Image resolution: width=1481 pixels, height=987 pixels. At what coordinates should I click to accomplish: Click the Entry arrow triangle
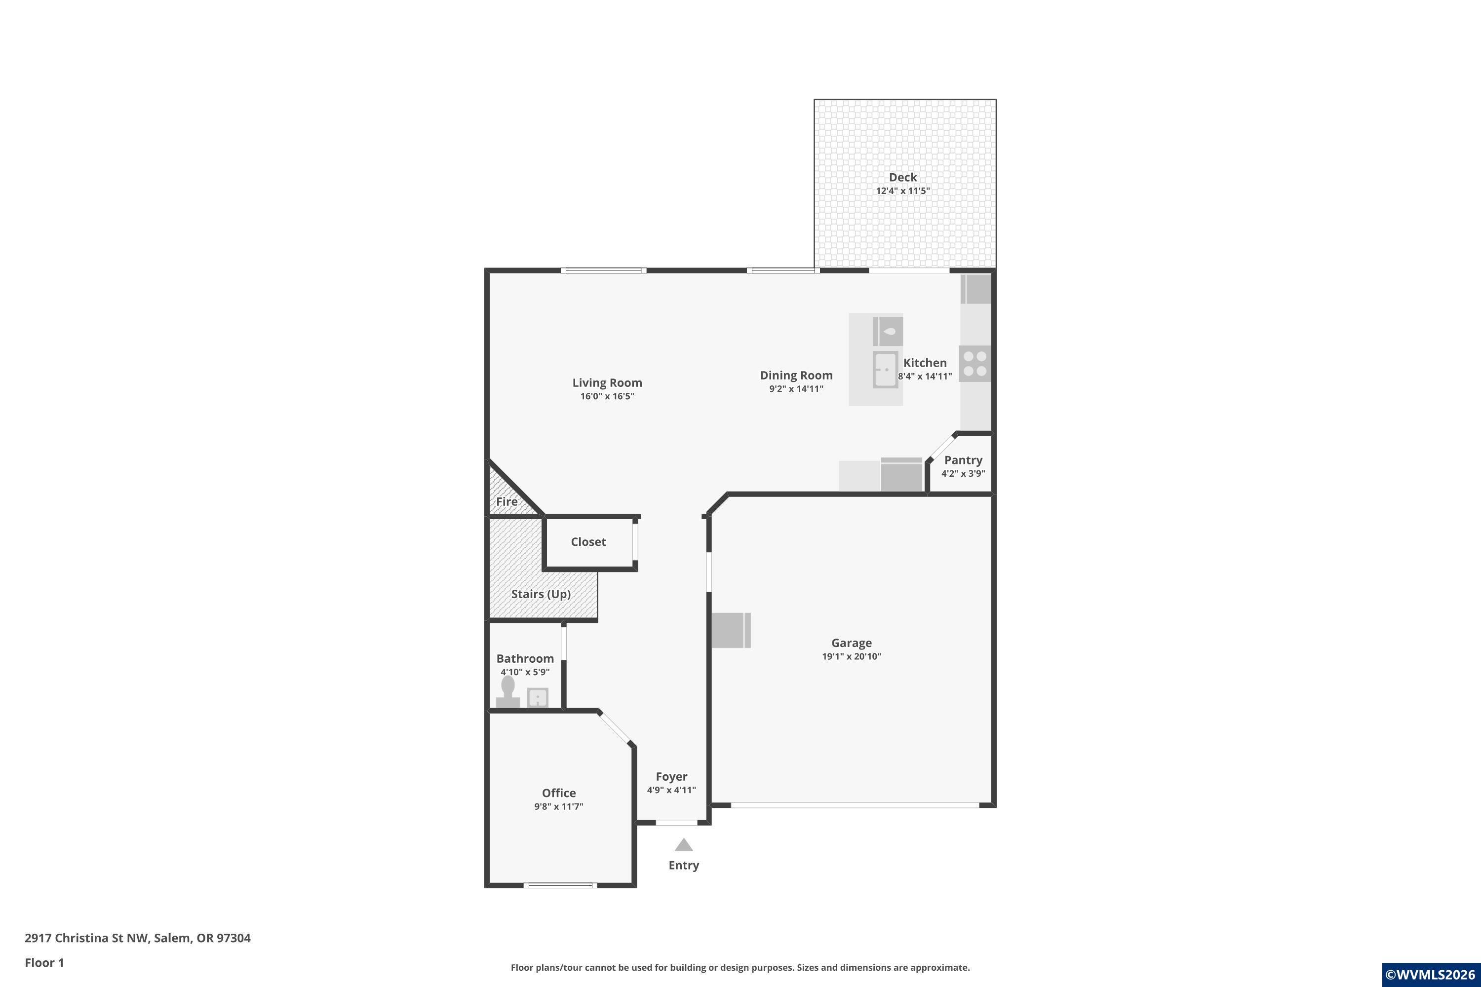[x=683, y=845]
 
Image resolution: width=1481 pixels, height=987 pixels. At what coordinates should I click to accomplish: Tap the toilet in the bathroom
[x=507, y=692]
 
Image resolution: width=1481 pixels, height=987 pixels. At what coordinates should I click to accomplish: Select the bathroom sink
[x=537, y=697]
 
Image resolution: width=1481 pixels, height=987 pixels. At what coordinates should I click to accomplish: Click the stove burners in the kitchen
[x=974, y=363]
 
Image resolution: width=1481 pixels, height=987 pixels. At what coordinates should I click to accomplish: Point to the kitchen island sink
[x=885, y=370]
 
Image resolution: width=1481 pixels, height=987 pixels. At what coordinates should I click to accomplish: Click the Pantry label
[x=963, y=460]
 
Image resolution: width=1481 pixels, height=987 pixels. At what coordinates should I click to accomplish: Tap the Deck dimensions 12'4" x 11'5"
[x=903, y=190]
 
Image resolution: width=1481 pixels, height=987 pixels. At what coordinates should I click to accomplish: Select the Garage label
[x=851, y=643]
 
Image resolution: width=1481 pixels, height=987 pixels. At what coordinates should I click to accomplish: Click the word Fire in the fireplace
[x=507, y=502]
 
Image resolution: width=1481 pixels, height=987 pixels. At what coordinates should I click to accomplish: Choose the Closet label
[x=588, y=542]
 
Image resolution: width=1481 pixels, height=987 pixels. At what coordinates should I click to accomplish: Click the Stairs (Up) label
[x=541, y=594]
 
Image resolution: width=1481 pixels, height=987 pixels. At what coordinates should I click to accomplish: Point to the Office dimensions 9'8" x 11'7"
[x=558, y=806]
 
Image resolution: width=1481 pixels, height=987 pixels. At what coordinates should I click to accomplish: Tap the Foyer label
[x=671, y=777]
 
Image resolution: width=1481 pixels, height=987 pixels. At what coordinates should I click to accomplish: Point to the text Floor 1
[x=44, y=962]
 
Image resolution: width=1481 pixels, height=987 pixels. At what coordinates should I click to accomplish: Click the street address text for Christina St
[x=137, y=938]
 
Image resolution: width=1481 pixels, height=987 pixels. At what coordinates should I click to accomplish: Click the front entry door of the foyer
[x=677, y=822]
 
